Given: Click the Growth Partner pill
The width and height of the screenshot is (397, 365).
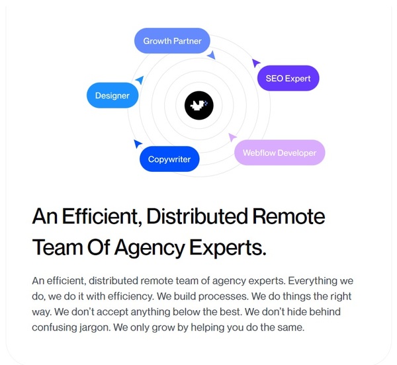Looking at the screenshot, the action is coord(172,41).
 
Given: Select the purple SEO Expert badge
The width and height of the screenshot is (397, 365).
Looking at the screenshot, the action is coord(288,79).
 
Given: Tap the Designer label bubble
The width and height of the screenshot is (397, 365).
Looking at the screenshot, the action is coord(112,96).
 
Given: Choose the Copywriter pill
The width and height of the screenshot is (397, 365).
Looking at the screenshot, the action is coord(169,159).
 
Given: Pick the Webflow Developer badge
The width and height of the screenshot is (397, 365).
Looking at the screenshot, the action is coord(279,153).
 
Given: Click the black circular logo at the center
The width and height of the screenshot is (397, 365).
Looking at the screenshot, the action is coord(198,105).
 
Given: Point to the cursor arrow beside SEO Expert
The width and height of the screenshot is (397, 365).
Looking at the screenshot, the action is coord(256,63).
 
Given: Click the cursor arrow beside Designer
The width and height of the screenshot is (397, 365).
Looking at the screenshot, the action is coord(140,80).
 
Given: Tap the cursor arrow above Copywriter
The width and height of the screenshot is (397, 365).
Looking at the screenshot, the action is coord(138,143).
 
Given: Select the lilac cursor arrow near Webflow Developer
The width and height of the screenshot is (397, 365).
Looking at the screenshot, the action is coord(232,137).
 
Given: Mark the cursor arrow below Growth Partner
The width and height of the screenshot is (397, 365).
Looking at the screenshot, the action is coord(211,56).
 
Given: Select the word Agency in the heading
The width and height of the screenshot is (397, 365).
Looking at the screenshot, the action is coord(148,248).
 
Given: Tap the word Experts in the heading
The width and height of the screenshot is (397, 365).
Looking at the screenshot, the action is coord(228,248).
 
